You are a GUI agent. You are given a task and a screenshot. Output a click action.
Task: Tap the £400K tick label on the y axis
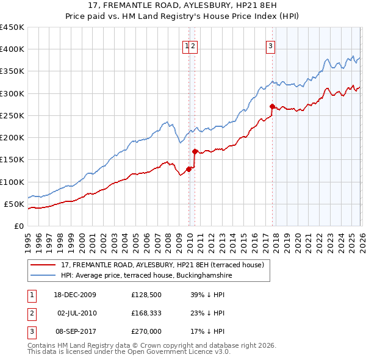[12, 49]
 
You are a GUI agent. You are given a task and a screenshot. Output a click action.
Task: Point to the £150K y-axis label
[12, 159]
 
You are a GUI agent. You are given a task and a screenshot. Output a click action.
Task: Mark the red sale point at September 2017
[272, 107]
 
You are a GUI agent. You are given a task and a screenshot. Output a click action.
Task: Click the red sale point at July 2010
[195, 151]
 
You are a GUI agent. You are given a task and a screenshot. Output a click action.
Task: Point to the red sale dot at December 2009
[188, 169]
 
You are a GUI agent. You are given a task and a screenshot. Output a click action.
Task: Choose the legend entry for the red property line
[162, 265]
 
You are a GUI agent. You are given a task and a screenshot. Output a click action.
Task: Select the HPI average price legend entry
[146, 276]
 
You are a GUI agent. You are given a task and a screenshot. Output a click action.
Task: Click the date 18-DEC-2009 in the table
[76, 295]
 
